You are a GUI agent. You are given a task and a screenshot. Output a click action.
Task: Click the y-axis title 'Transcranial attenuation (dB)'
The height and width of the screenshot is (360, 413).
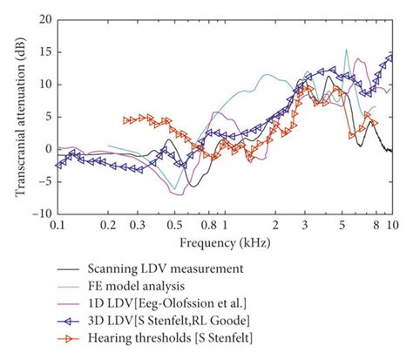pyautogui.click(x=19, y=115)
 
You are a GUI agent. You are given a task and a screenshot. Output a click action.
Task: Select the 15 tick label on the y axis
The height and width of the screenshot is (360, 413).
pyautogui.click(x=44, y=51)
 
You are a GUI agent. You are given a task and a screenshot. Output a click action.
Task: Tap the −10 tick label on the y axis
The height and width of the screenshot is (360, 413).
pyautogui.click(x=40, y=213)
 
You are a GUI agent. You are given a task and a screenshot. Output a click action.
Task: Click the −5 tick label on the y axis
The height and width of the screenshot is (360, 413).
pyautogui.click(x=43, y=180)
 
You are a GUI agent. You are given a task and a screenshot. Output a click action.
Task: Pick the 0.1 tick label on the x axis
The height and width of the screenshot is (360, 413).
pyautogui.click(x=58, y=224)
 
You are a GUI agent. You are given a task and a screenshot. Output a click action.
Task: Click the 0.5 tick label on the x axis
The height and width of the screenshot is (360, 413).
pyautogui.click(x=174, y=224)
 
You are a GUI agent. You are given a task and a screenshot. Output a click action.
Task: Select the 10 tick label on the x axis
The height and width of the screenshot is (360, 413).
pyautogui.click(x=392, y=224)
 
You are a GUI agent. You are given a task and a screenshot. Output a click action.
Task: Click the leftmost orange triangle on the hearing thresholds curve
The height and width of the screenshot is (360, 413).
pyautogui.click(x=127, y=119)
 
